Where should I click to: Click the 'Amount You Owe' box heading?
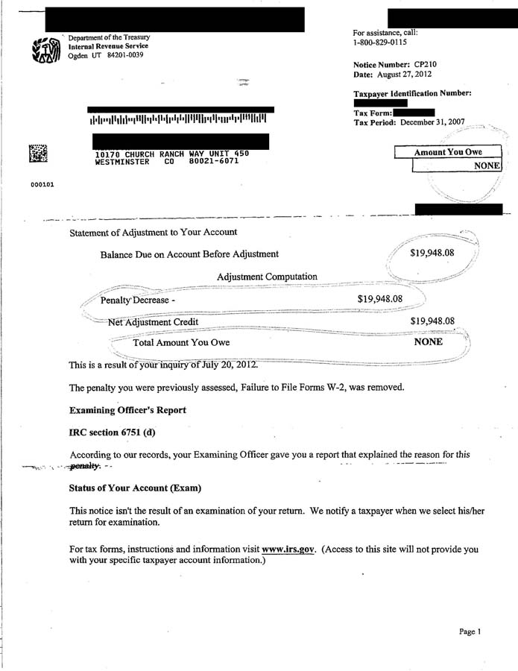(x=448, y=152)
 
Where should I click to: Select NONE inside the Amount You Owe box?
(x=487, y=166)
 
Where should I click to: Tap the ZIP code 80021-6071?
(x=213, y=161)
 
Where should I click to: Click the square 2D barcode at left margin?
(x=38, y=153)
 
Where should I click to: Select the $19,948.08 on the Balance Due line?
(x=432, y=253)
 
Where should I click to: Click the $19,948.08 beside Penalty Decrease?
(x=380, y=299)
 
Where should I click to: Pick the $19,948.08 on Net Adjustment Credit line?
(x=432, y=321)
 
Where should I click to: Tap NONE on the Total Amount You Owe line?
(x=428, y=342)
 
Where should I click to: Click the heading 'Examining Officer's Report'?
(x=127, y=410)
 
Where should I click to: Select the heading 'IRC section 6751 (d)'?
(x=113, y=432)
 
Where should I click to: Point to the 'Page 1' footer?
(x=470, y=631)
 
